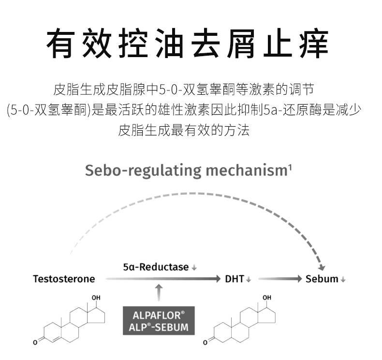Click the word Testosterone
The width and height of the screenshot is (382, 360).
coord(64,279)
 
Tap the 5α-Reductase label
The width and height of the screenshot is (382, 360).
coord(155,267)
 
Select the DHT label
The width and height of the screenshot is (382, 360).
coord(235,279)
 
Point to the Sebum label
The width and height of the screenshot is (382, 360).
coord(322,279)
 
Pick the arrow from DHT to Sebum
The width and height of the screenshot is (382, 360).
coord(279,279)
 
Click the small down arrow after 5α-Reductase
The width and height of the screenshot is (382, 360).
coord(194,268)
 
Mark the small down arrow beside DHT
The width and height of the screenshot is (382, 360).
coord(249,280)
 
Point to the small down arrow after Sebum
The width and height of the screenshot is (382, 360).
coord(343,280)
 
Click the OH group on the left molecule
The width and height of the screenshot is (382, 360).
coord(96,297)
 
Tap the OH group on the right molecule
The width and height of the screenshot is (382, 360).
coord(266,297)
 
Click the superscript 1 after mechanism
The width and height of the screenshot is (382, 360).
coord(289,167)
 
